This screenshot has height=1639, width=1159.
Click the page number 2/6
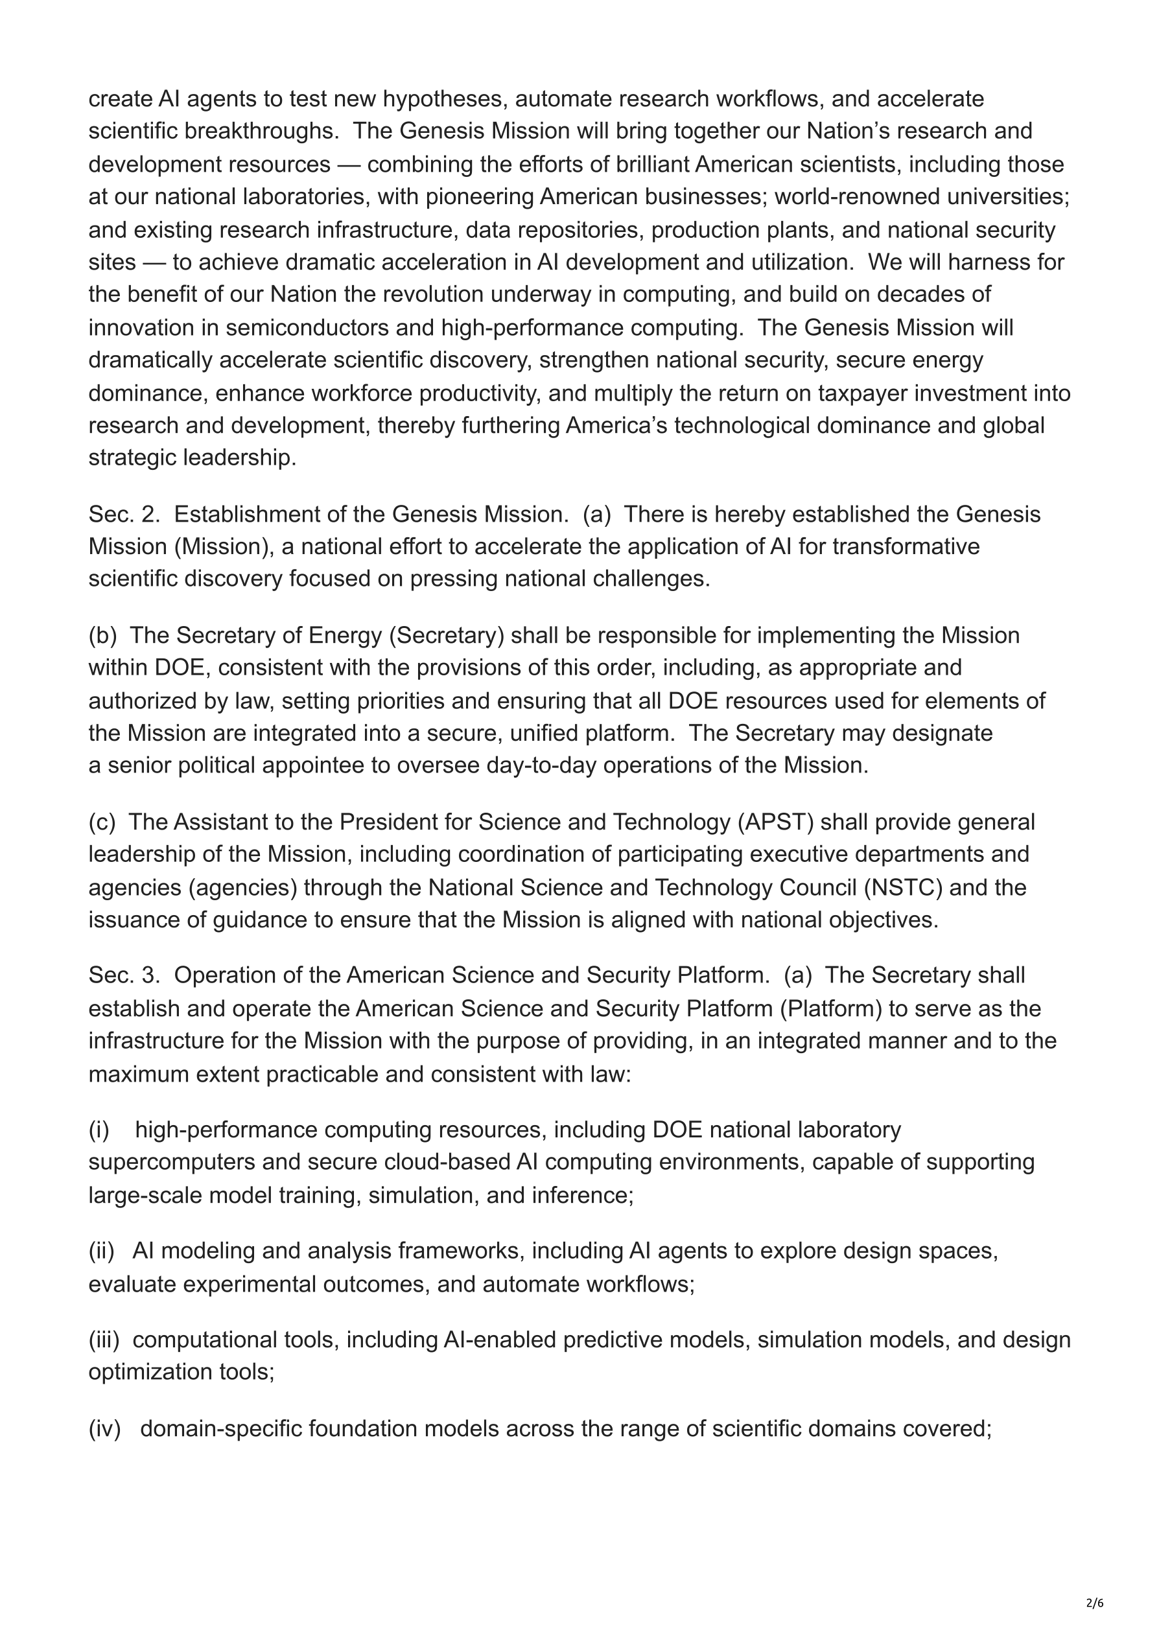(x=1095, y=1603)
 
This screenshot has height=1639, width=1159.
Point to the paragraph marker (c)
(x=102, y=822)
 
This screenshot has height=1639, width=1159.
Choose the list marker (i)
(x=99, y=1130)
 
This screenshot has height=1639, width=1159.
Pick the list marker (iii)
(x=104, y=1340)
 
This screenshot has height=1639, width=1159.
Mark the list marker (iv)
(x=105, y=1428)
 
